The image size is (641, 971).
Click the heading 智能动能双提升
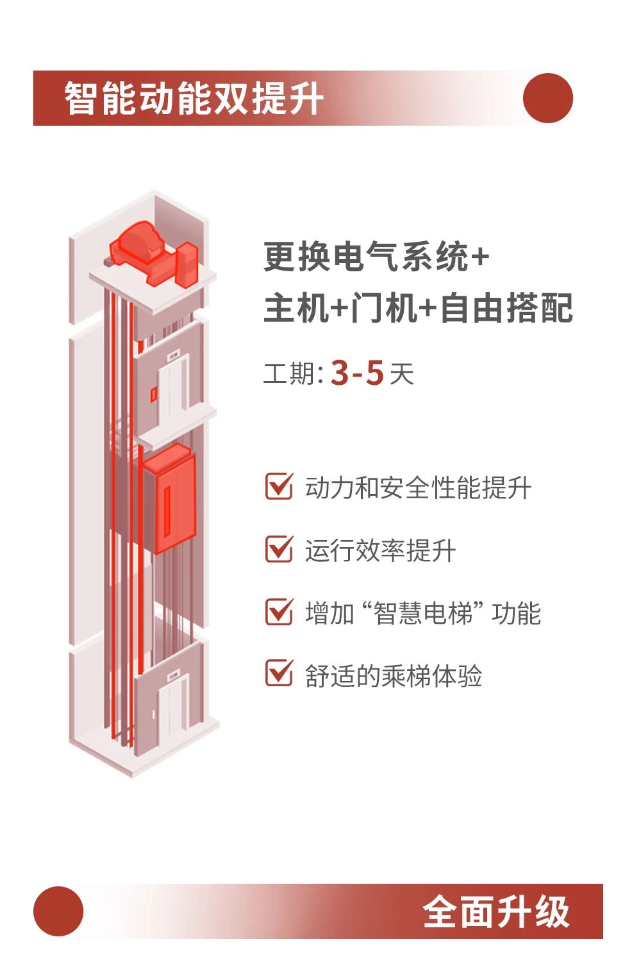coord(194,98)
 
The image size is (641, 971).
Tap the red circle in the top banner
coord(548,98)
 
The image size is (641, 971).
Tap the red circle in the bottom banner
coord(58,911)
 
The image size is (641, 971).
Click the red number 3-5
coord(357,373)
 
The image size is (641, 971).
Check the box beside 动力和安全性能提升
coord(279,486)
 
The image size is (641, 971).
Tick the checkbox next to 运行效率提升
coord(279,549)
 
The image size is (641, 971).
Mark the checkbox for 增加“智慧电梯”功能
coord(279,612)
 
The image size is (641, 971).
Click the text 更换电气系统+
coord(376,257)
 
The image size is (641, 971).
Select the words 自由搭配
coord(506,308)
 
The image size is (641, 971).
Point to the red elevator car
coord(169,498)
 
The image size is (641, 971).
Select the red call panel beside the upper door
coord(153,394)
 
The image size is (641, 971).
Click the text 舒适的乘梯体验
coord(394,675)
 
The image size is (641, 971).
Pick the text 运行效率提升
coord(380,550)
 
